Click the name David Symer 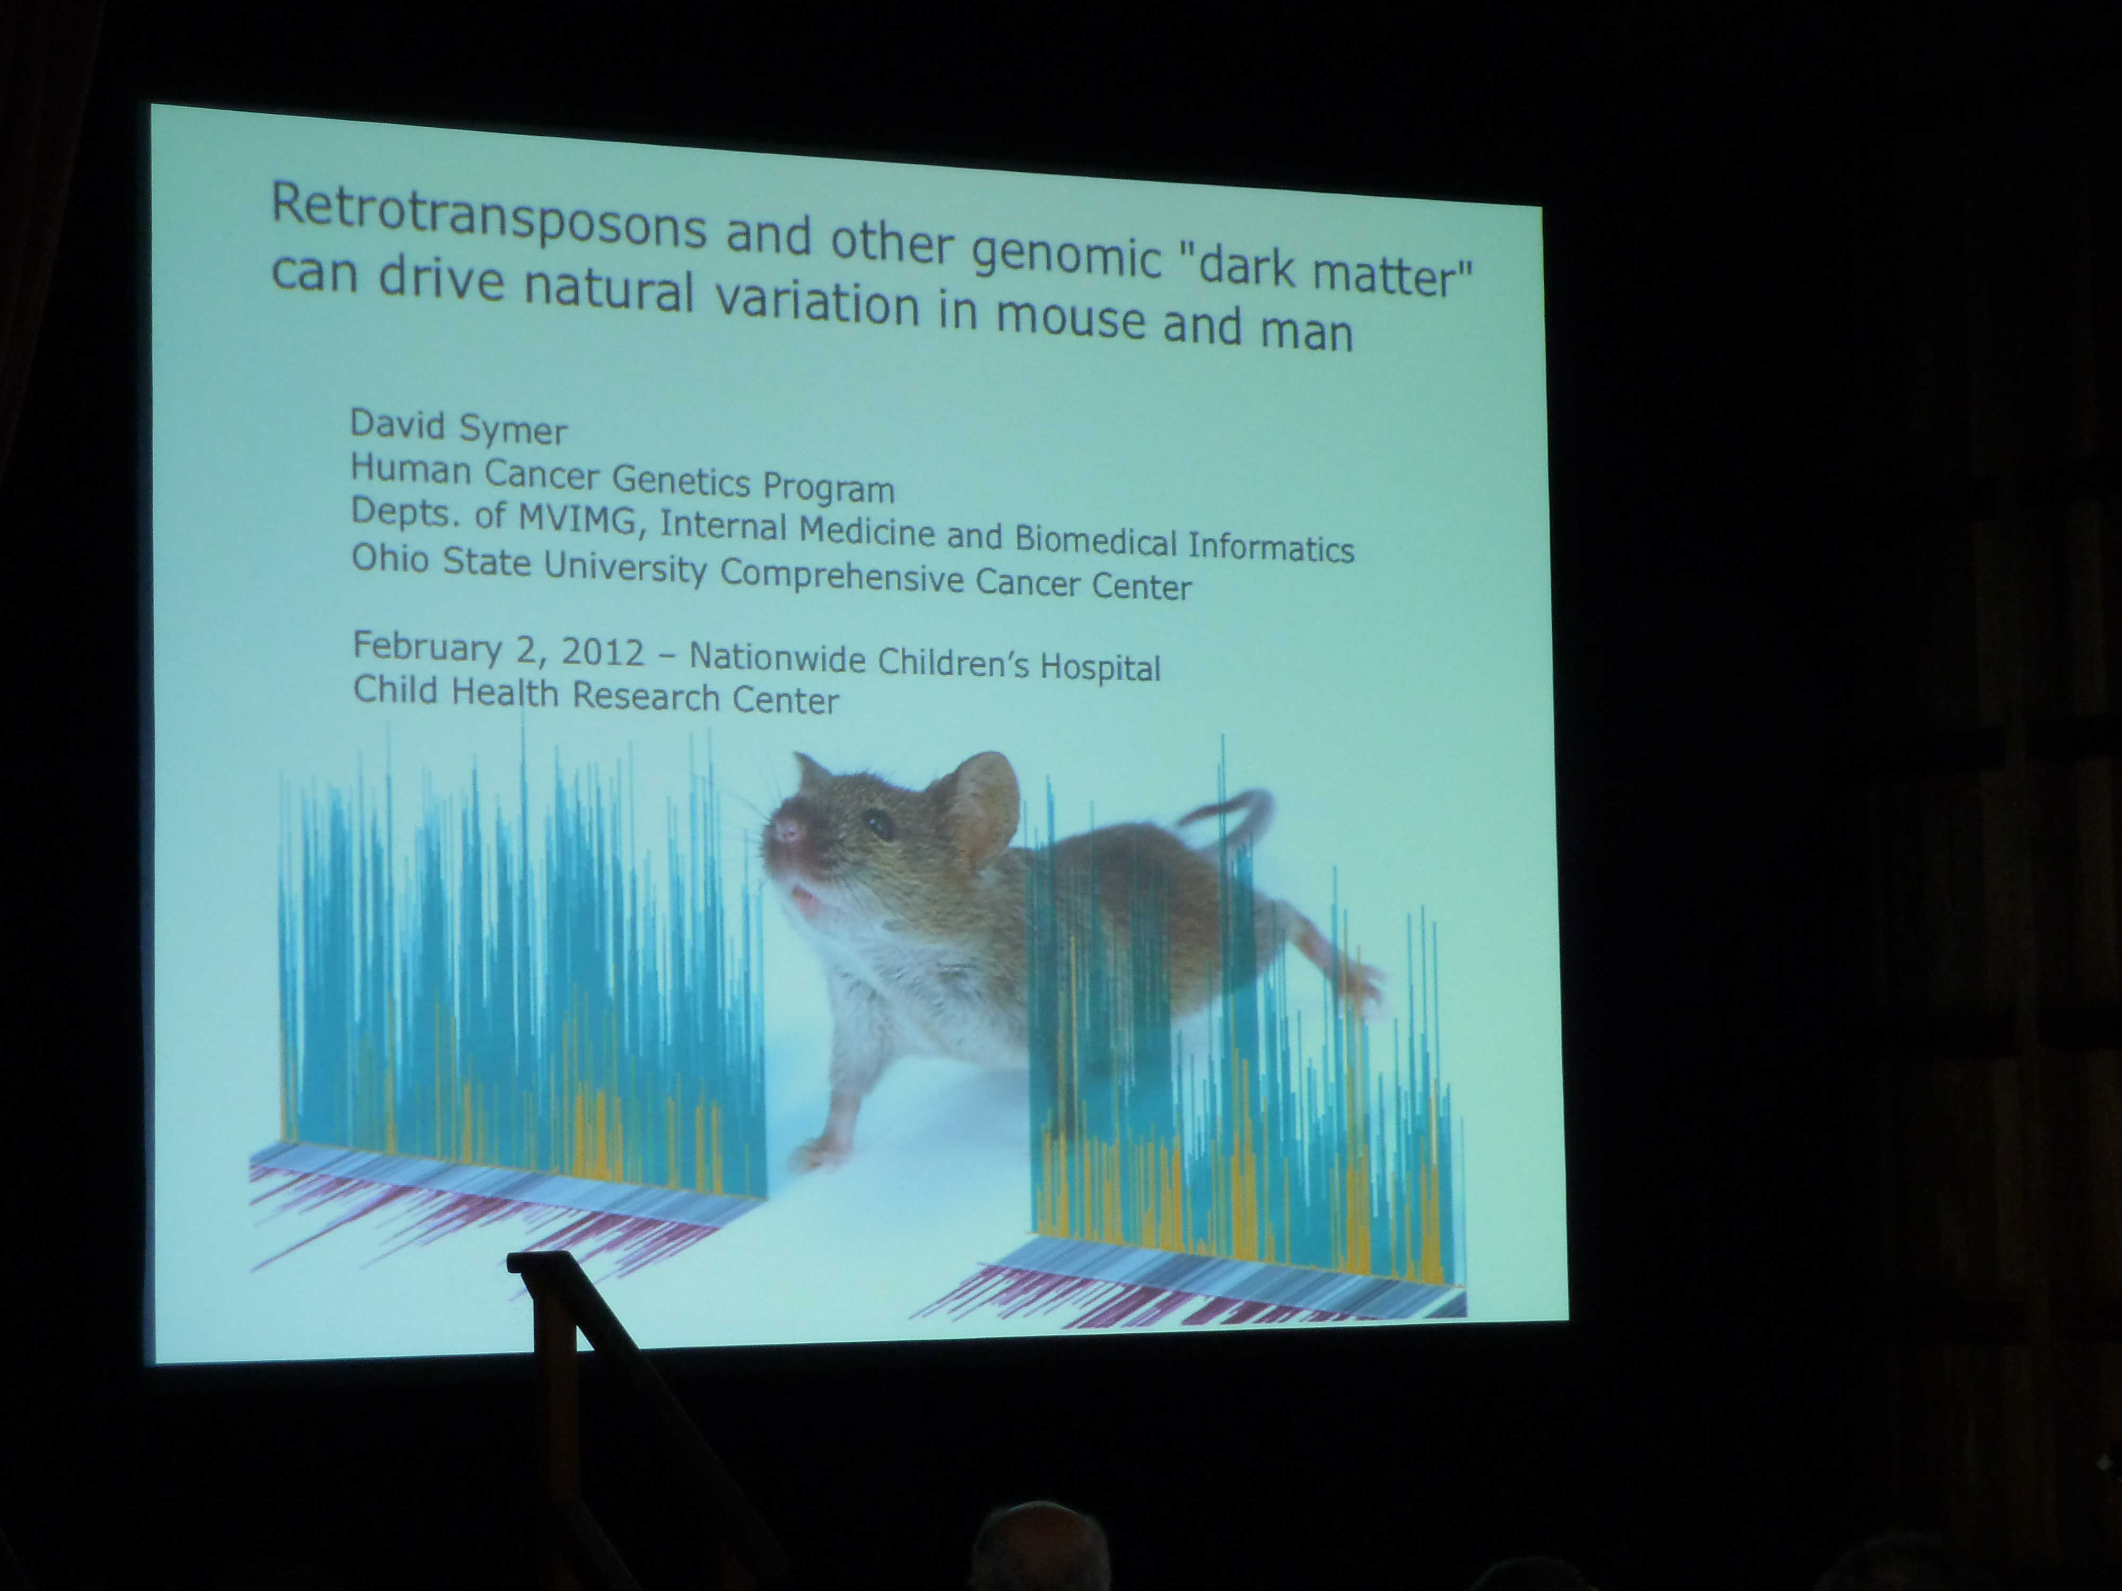click(x=458, y=427)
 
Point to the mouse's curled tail click(x=1228, y=815)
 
